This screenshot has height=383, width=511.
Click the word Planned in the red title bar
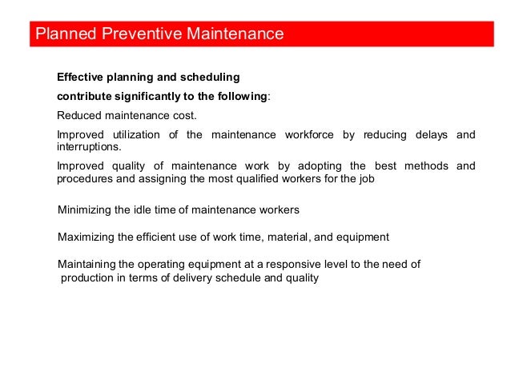[x=62, y=34]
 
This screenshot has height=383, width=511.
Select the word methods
[x=423, y=166]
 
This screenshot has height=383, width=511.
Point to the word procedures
[x=84, y=179]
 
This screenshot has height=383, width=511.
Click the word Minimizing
[x=86, y=210]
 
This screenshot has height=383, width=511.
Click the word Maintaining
[x=87, y=265]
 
